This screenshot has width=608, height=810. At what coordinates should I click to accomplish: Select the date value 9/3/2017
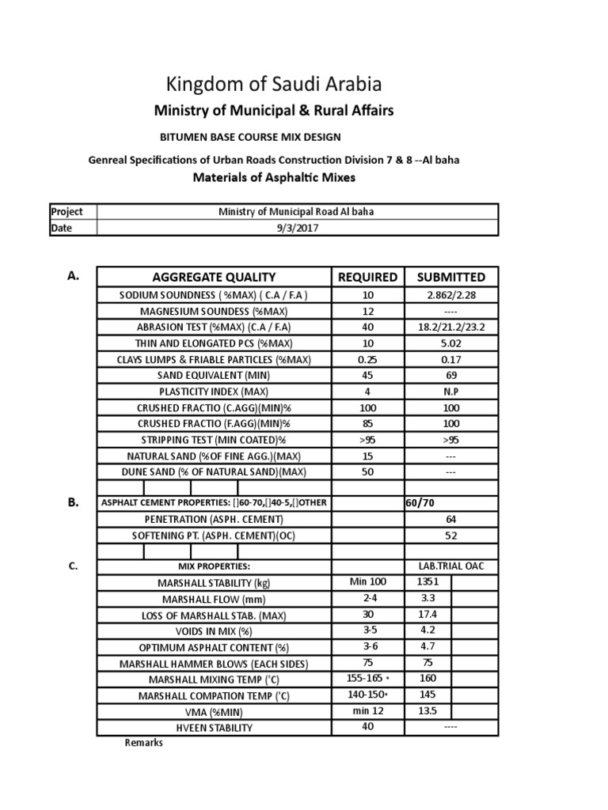click(x=297, y=227)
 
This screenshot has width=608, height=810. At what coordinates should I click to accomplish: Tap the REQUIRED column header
click(x=367, y=277)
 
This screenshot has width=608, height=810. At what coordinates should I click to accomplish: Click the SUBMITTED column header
click(x=450, y=277)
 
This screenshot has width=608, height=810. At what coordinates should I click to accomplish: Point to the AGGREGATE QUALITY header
click(x=214, y=277)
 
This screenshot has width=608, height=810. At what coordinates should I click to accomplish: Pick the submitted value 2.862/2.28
click(x=450, y=295)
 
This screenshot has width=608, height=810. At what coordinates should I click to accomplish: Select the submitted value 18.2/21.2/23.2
click(x=450, y=327)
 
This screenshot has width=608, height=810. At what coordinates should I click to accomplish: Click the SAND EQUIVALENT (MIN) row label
click(x=214, y=375)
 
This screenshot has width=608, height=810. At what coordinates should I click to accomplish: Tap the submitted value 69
click(x=450, y=375)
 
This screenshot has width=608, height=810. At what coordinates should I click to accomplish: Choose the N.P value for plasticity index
click(x=450, y=391)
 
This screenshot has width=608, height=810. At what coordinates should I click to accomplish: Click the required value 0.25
click(x=367, y=359)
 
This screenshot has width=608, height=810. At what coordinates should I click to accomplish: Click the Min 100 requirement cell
click(x=367, y=582)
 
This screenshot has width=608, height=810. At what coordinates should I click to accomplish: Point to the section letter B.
click(x=73, y=502)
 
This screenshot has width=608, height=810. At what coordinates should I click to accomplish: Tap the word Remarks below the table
click(x=144, y=743)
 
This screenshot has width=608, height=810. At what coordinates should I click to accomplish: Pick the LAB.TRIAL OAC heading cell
click(x=450, y=566)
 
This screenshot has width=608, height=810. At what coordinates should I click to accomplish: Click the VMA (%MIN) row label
click(x=214, y=710)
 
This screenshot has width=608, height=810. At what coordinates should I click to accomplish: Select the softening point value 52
click(x=450, y=535)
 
